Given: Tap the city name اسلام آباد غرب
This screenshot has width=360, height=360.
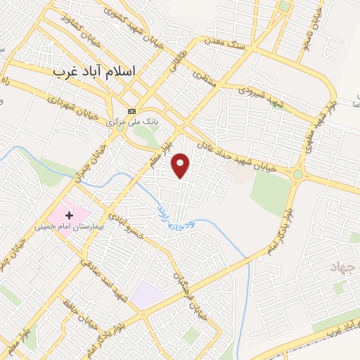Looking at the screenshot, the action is point(97,72).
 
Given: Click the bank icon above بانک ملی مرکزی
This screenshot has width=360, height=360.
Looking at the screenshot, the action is point(131,111).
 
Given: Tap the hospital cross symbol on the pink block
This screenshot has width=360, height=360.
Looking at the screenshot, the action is point(69,213).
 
